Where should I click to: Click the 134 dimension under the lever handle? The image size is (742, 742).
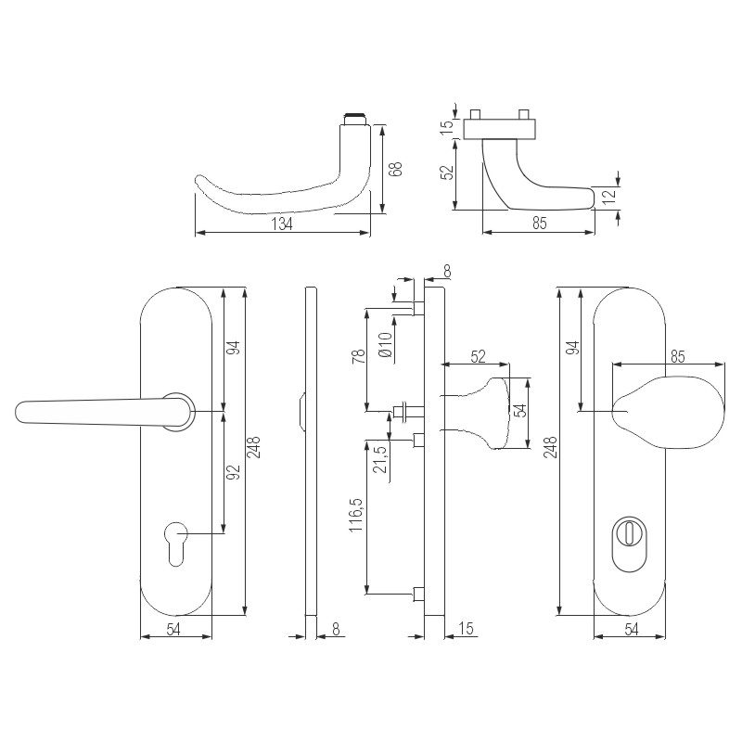282,224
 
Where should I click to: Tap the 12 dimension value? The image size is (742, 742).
609,194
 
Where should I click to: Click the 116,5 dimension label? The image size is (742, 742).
356,515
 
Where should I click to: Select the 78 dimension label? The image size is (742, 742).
359,356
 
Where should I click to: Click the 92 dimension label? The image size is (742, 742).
234,472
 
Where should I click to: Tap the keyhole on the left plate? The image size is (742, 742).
175,544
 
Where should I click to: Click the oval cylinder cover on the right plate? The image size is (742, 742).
628,544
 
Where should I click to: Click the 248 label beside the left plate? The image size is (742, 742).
253,447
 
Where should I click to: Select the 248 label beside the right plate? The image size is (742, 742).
550,447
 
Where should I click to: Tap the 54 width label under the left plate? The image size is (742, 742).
173,630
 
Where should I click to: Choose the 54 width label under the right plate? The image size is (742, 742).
632,630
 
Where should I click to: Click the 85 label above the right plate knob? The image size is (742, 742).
678,356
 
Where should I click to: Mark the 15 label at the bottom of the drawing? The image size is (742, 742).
466,629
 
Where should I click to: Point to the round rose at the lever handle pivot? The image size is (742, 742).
179,412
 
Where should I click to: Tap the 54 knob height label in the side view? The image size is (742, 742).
520,410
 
